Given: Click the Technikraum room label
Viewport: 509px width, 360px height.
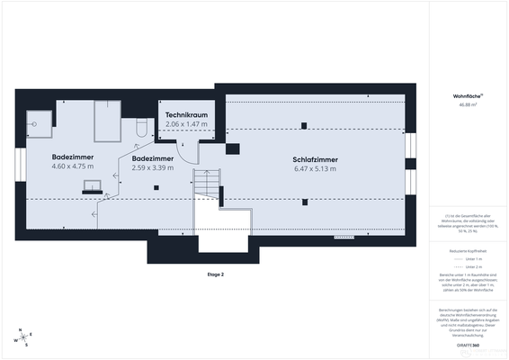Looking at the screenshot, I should click(x=186, y=115).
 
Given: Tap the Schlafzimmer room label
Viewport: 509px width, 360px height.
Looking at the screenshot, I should click(x=314, y=159).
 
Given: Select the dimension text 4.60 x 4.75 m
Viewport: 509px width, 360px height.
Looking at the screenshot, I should click(x=73, y=166).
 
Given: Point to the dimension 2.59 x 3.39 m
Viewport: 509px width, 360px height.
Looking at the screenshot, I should click(x=152, y=166).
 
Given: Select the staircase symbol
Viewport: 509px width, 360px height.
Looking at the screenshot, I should click(x=208, y=184).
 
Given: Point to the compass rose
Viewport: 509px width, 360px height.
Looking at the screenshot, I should click(x=22, y=337).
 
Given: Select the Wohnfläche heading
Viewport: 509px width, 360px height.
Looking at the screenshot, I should click(x=467, y=95).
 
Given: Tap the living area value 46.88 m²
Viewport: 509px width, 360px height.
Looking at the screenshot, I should click(x=467, y=104).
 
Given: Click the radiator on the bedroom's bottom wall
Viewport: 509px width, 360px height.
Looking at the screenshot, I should click(x=344, y=238).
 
